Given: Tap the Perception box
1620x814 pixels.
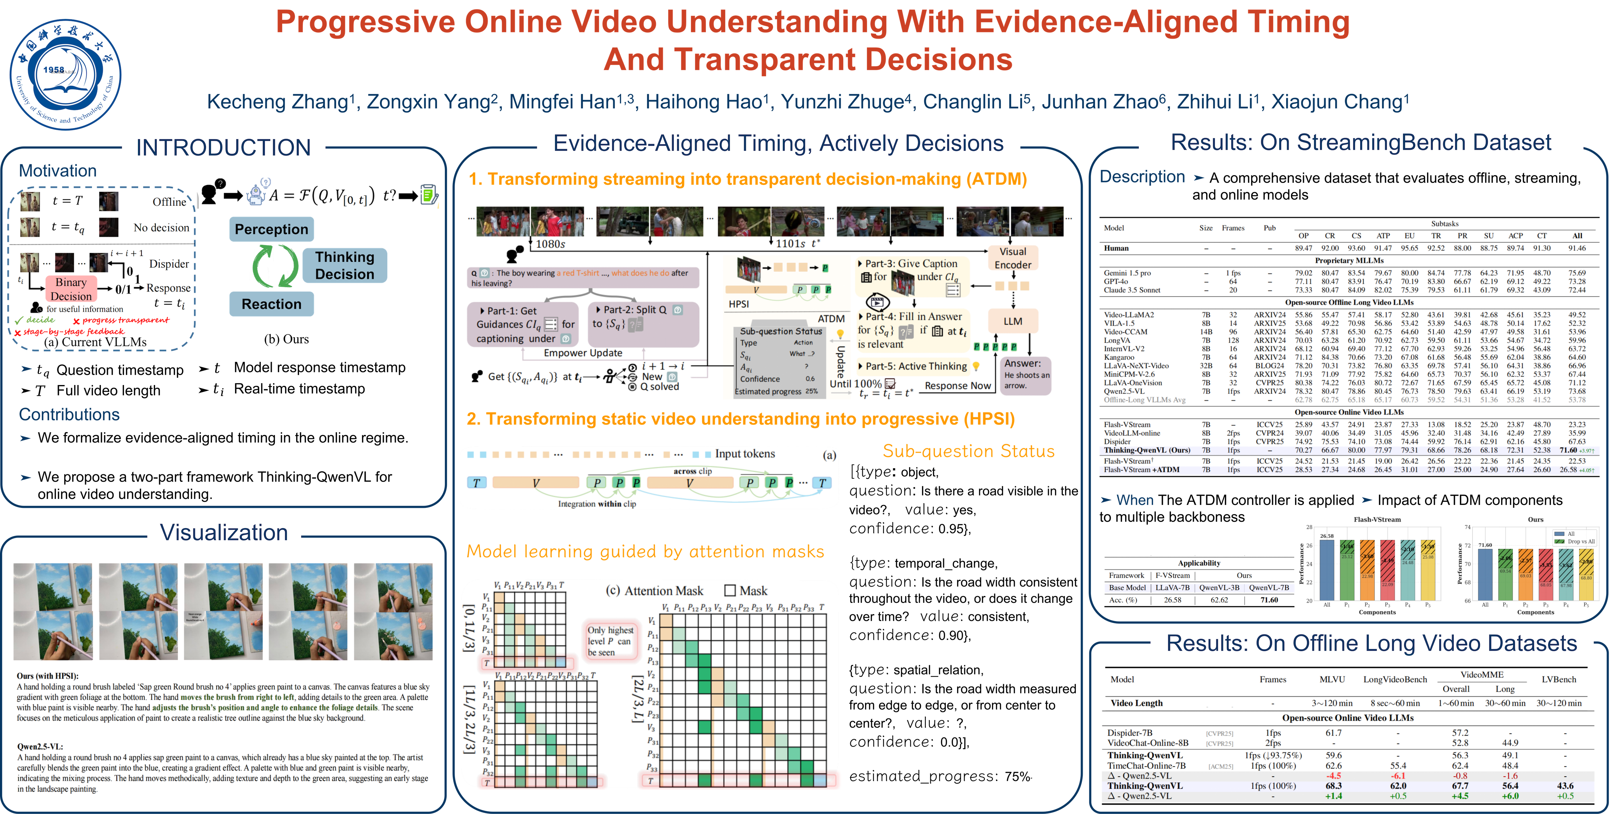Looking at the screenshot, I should coord(271,229).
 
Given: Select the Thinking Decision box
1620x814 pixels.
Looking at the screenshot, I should coord(345,265).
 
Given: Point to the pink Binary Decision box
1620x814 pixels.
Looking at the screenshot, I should coord(71,289).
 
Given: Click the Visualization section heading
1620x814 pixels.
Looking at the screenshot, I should coord(224,532).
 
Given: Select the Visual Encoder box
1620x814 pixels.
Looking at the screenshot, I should coord(1012,258).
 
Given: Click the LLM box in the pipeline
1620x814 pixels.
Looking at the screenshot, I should coord(1012,321).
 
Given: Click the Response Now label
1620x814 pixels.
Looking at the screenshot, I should coord(958,386).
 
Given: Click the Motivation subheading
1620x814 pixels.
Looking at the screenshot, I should coord(58,170).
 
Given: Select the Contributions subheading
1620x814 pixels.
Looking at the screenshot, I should coord(69,414).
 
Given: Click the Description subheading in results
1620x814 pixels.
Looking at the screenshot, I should coord(1142,177).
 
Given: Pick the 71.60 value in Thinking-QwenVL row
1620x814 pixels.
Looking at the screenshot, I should coord(1568,451).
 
